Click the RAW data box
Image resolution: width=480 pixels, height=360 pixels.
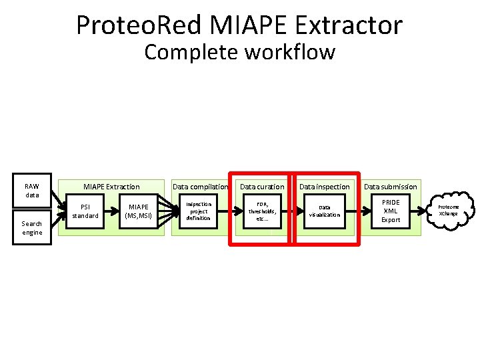(x=32, y=191)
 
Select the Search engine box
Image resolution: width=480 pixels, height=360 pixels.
(x=32, y=228)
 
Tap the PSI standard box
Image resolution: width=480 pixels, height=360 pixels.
(x=85, y=211)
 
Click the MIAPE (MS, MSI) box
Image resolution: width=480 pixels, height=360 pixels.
(x=139, y=211)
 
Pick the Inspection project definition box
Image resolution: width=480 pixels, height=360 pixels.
(x=198, y=211)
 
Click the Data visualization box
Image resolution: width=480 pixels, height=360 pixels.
(x=324, y=211)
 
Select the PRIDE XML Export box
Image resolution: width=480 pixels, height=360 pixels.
(x=391, y=211)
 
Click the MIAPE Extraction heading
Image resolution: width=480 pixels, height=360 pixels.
(x=111, y=187)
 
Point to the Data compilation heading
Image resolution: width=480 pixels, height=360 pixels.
(x=200, y=187)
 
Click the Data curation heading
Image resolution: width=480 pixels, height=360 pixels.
(x=262, y=187)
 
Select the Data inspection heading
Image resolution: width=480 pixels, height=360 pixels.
(x=324, y=187)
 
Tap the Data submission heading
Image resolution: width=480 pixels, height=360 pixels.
(x=391, y=187)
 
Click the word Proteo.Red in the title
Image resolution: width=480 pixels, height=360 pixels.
(x=139, y=25)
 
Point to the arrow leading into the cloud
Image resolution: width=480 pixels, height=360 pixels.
(x=428, y=210)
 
